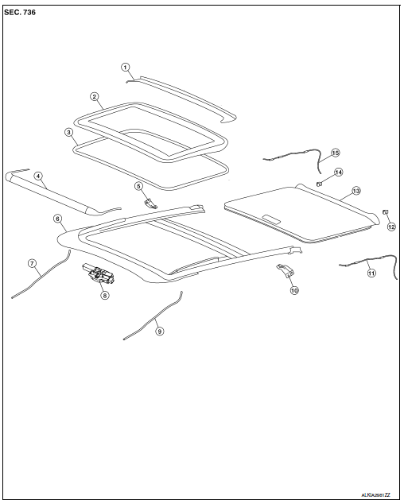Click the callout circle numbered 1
click(125, 68)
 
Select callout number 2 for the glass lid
click(94, 96)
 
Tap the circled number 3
click(68, 132)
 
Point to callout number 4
click(38, 176)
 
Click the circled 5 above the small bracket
click(138, 186)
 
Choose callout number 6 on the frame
click(57, 219)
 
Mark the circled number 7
click(32, 264)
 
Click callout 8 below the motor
click(104, 295)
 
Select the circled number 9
click(159, 331)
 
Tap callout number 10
click(294, 290)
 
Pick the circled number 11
click(371, 273)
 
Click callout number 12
click(391, 227)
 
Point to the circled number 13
click(356, 191)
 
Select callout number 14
click(338, 173)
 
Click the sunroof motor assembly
click(99, 274)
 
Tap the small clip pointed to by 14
click(320, 184)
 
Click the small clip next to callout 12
click(385, 211)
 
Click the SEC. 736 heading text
click(20, 13)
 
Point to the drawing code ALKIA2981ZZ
click(375, 494)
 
